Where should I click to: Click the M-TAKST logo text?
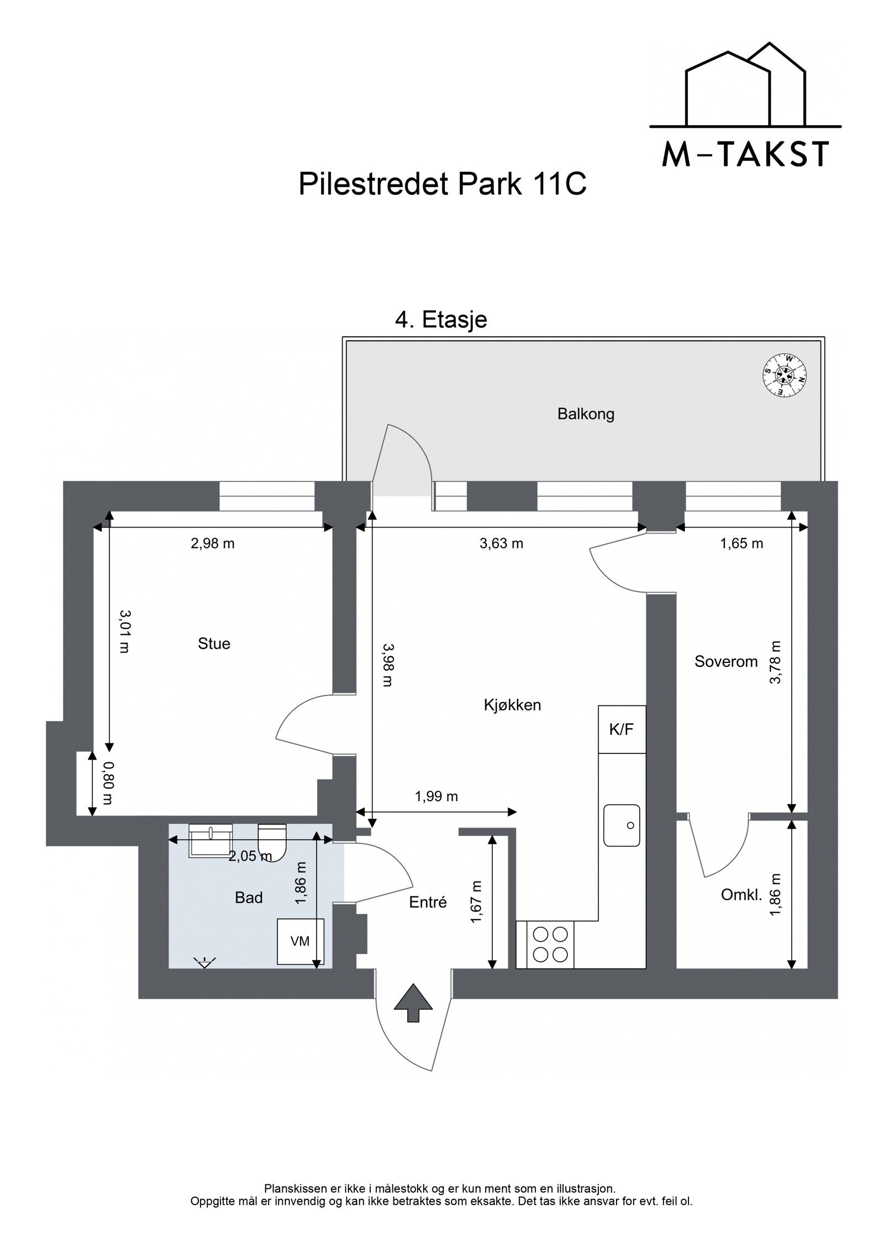pos(745,154)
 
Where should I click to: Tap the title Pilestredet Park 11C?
pos(442,184)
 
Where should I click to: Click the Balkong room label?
pos(586,414)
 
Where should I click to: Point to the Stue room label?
pos(214,644)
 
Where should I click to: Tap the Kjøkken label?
pos(512,705)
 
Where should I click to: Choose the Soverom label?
pos(725,661)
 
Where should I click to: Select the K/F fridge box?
pos(622,729)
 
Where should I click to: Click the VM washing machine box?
pos(300,941)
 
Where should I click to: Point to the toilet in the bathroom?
pos(272,842)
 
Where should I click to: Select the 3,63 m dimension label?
pos(501,544)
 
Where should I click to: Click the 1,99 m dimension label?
pos(436,796)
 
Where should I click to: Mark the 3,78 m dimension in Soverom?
pos(776,662)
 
